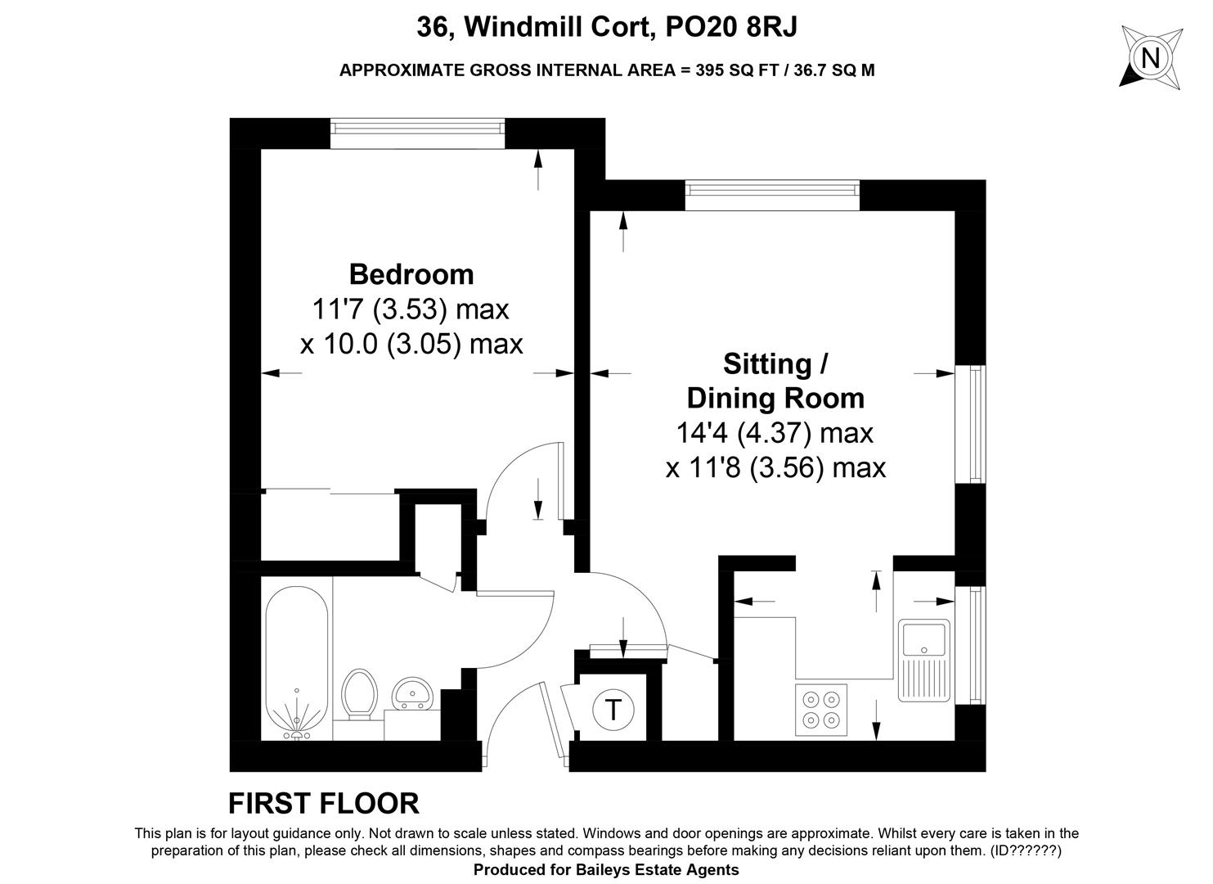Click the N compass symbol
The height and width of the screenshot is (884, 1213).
pyautogui.click(x=1150, y=57)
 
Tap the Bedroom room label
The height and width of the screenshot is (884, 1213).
pyautogui.click(x=411, y=274)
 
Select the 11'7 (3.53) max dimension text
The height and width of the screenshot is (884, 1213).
pyautogui.click(x=411, y=309)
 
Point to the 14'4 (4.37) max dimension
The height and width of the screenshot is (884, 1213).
pyautogui.click(x=775, y=433)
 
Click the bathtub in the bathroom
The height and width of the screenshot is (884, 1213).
pyautogui.click(x=297, y=662)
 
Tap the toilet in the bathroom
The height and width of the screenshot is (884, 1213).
pyautogui.click(x=360, y=694)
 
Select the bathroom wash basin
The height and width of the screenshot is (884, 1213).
pyautogui.click(x=412, y=692)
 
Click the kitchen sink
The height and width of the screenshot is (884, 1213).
pyautogui.click(x=923, y=661)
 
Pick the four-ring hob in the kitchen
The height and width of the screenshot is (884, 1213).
pyautogui.click(x=820, y=710)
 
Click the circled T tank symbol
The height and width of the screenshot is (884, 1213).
pyautogui.click(x=613, y=710)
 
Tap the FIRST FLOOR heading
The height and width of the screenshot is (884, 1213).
pyautogui.click(x=324, y=803)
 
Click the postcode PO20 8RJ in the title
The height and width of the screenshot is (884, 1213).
pyautogui.click(x=731, y=27)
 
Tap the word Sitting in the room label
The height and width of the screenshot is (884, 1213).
pyautogui.click(x=767, y=364)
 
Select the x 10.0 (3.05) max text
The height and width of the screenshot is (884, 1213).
pyautogui.click(x=411, y=344)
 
